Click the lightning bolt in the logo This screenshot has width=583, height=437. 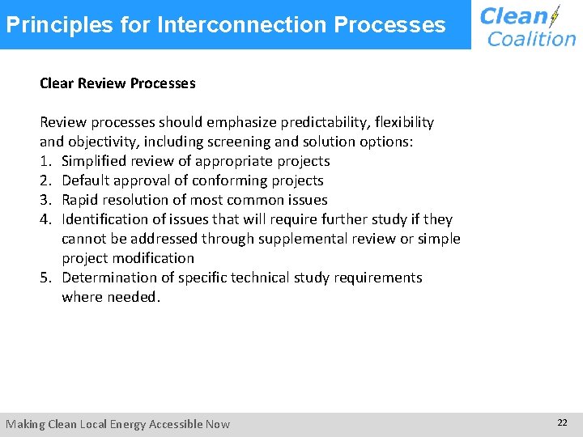click(x=554, y=17)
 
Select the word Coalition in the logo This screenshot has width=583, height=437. click(x=532, y=39)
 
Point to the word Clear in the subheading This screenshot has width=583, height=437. click(x=57, y=83)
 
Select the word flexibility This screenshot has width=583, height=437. click(x=400, y=122)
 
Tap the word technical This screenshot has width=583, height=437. click(x=260, y=278)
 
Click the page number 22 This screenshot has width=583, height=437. click(x=562, y=423)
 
